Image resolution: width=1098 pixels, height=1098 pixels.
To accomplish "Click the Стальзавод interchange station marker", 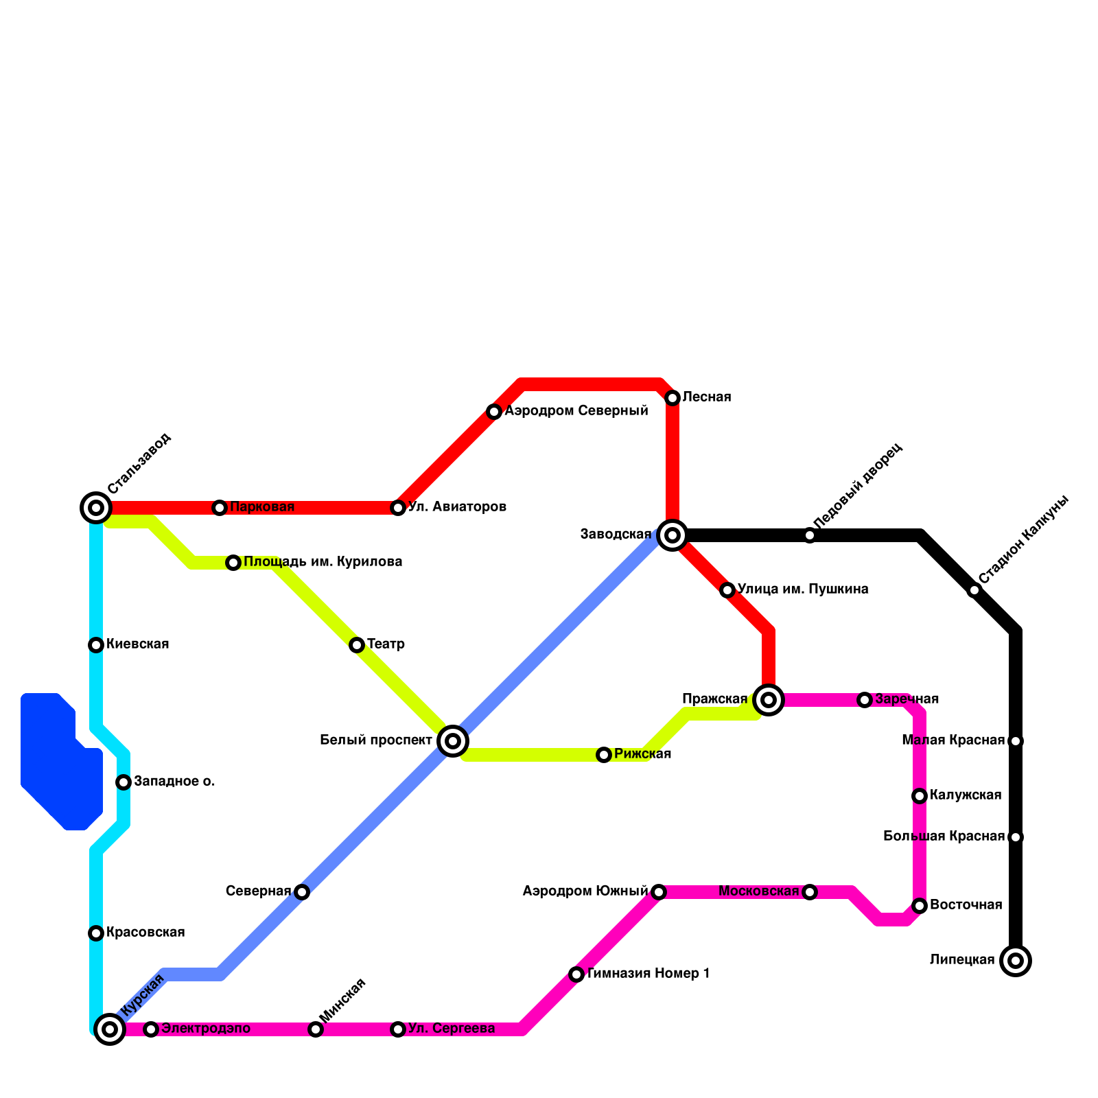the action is tap(96, 508).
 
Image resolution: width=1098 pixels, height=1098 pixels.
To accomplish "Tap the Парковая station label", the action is tap(261, 508).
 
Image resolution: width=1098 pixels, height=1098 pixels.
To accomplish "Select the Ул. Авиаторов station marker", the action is tap(398, 508).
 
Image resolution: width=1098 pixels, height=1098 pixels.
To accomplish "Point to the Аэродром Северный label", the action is tap(576, 412).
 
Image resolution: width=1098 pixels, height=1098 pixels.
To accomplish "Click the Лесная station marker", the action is tap(673, 398).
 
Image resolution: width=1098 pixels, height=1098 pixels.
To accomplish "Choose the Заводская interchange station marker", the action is tap(673, 535).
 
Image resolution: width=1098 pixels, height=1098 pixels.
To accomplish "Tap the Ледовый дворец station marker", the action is tap(810, 535).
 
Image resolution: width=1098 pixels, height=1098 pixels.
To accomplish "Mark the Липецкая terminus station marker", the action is tap(1016, 961).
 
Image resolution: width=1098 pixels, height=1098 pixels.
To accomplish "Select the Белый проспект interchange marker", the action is tap(453, 741).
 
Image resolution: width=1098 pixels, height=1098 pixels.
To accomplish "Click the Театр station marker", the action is tap(357, 645).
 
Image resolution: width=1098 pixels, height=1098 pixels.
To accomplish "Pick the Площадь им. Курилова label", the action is tap(323, 563).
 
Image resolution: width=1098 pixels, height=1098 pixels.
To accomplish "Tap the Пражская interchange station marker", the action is tap(769, 700).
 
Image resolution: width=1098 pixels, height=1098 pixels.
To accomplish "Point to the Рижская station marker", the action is tap(604, 755).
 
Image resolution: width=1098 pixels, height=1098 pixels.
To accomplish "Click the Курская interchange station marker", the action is tap(110, 1029).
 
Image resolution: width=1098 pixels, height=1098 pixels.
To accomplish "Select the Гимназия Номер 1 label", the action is tap(648, 974).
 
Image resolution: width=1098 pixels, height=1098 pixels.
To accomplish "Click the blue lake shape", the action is tap(58, 762).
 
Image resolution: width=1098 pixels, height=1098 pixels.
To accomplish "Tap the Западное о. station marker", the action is tap(124, 782).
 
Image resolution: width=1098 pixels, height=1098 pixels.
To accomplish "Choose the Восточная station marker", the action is tap(920, 906).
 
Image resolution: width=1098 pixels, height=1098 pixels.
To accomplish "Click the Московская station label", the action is tap(758, 892).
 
